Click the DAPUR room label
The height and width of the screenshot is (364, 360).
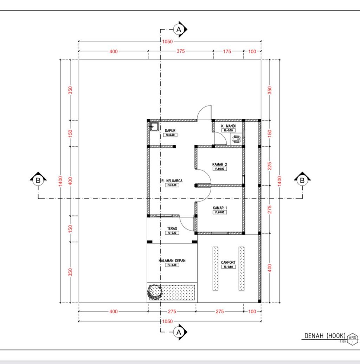click(170, 130)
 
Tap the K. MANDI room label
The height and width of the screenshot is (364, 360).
click(228, 126)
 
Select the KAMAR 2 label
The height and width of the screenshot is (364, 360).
click(220, 164)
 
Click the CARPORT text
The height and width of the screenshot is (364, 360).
click(228, 262)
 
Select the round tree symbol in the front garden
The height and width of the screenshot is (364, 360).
click(154, 292)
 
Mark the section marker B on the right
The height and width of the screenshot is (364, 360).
click(302, 181)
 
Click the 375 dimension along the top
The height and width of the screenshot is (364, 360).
click(180, 51)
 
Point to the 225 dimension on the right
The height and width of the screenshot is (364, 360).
click(270, 166)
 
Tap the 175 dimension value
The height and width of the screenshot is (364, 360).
click(227, 51)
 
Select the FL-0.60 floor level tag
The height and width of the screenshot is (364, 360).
click(228, 267)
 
